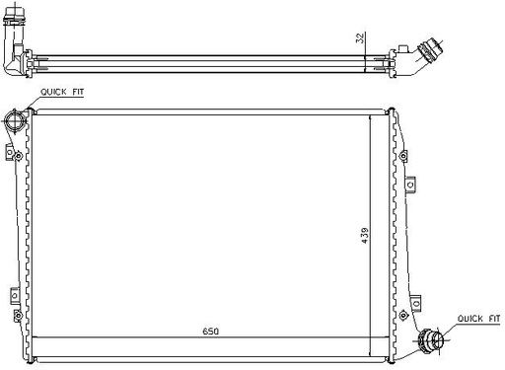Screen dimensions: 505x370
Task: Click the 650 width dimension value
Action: pos(210,332)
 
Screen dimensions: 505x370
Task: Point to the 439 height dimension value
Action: pos(365,236)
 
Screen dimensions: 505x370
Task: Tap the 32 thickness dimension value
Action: pos(360,37)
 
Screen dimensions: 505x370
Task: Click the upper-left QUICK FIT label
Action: pos(62,92)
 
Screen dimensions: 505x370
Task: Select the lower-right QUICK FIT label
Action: pos(478,319)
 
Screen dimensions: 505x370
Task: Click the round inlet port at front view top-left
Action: pos(14,120)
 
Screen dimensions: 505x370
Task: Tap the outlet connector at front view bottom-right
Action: pos(431,339)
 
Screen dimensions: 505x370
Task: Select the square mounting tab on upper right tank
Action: pos(410,185)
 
